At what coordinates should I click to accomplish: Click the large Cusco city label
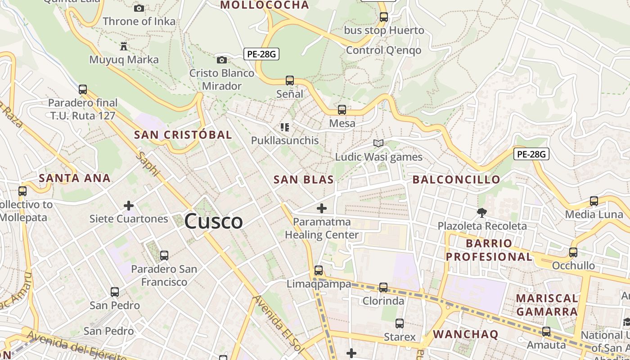point(214,221)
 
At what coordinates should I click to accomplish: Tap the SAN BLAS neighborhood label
point(304,180)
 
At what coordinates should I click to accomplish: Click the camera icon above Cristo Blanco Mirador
point(221,60)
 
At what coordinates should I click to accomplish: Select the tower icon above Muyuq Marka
point(124,46)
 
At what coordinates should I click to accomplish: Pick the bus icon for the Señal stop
point(290,81)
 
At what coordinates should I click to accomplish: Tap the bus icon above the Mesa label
point(342,109)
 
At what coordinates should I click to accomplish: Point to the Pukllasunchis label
point(284,140)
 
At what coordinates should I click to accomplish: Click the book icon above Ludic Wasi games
point(378,143)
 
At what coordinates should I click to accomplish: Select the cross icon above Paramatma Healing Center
point(322,208)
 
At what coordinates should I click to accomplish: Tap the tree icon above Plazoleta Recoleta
point(482,212)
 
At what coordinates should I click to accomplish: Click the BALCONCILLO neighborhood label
point(456,180)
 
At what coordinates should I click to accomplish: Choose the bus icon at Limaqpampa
point(319,270)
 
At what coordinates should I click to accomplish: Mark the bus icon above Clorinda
point(383,287)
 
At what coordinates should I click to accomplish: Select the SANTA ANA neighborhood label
point(75,178)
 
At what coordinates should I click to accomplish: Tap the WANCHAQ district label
point(465,334)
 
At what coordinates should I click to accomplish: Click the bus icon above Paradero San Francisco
point(164,256)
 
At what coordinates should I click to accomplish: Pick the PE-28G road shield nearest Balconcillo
point(531,154)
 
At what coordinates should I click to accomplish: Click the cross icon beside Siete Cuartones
point(129,206)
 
